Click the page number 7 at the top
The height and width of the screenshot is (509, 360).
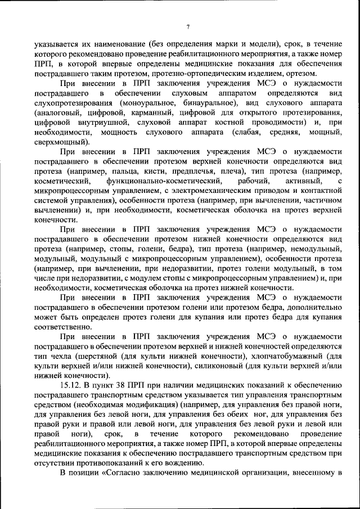(188, 27)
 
